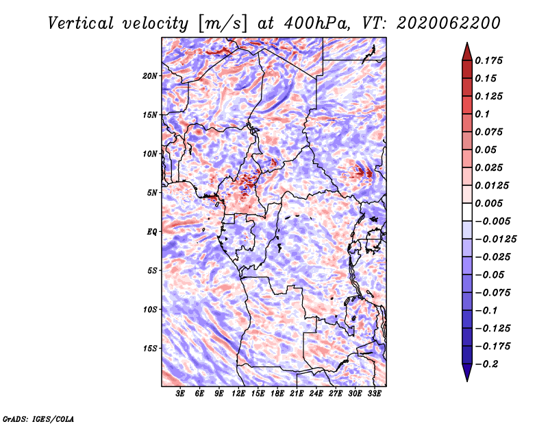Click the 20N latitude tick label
click(x=150, y=76)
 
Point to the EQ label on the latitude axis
click(x=152, y=232)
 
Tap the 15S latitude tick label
click(x=150, y=349)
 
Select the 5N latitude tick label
click(x=152, y=193)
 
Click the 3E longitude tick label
click(x=180, y=394)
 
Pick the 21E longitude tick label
click(x=297, y=394)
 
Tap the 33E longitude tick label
click(x=374, y=394)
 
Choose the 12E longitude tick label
click(x=238, y=394)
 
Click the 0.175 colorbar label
click(x=488, y=60)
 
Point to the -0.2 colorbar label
click(x=486, y=364)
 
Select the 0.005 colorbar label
click(x=488, y=203)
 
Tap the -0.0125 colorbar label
click(x=495, y=239)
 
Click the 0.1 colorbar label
click(x=482, y=114)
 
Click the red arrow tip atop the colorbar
click(x=467, y=43)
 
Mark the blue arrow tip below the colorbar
click(x=467, y=381)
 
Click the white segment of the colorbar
click(x=467, y=212)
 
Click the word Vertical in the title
click(x=81, y=23)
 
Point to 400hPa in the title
click(x=317, y=23)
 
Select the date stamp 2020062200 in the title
click(x=449, y=23)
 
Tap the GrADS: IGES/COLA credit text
click(x=38, y=419)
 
